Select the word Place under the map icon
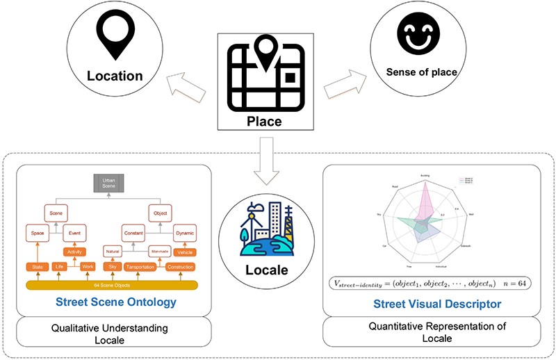pyautogui.click(x=264, y=122)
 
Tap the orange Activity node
pyautogui.click(x=74, y=251)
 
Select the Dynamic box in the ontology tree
pyautogui.click(x=184, y=233)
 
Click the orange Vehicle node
pyautogui.click(x=184, y=252)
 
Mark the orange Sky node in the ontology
pyautogui.click(x=112, y=266)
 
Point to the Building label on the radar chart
pyautogui.click(x=425, y=175)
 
